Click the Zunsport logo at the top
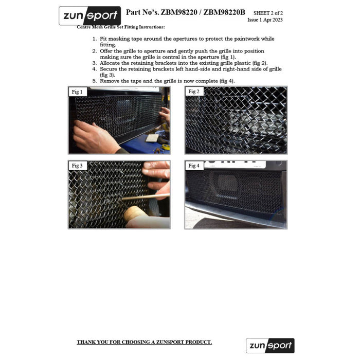click(x=90, y=15)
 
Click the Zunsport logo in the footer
click(x=270, y=346)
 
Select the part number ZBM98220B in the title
click(x=224, y=12)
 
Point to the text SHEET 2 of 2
click(x=268, y=13)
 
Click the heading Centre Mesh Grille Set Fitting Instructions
click(x=121, y=27)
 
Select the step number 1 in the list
click(x=95, y=39)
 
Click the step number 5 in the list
click(x=95, y=81)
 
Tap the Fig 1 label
click(x=77, y=92)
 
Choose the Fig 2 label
click(x=194, y=92)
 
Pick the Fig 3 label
click(x=77, y=166)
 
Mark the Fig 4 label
click(x=194, y=166)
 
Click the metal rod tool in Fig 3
click(x=146, y=197)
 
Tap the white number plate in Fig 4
click(x=235, y=164)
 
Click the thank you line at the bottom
click(x=145, y=342)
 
